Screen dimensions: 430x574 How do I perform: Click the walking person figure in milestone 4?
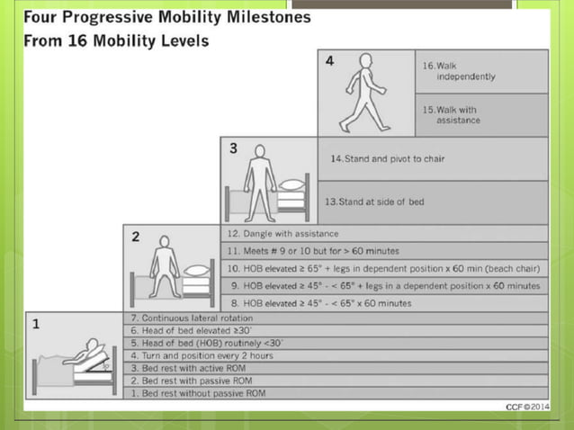[363, 93]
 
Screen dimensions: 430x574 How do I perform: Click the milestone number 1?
[36, 325]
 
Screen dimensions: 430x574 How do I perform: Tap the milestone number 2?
[136, 237]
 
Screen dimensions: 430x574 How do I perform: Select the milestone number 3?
[233, 149]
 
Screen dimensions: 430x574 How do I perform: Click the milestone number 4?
[329, 61]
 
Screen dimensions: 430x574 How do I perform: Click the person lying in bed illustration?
[81, 360]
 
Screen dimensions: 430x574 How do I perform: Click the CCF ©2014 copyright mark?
[525, 408]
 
